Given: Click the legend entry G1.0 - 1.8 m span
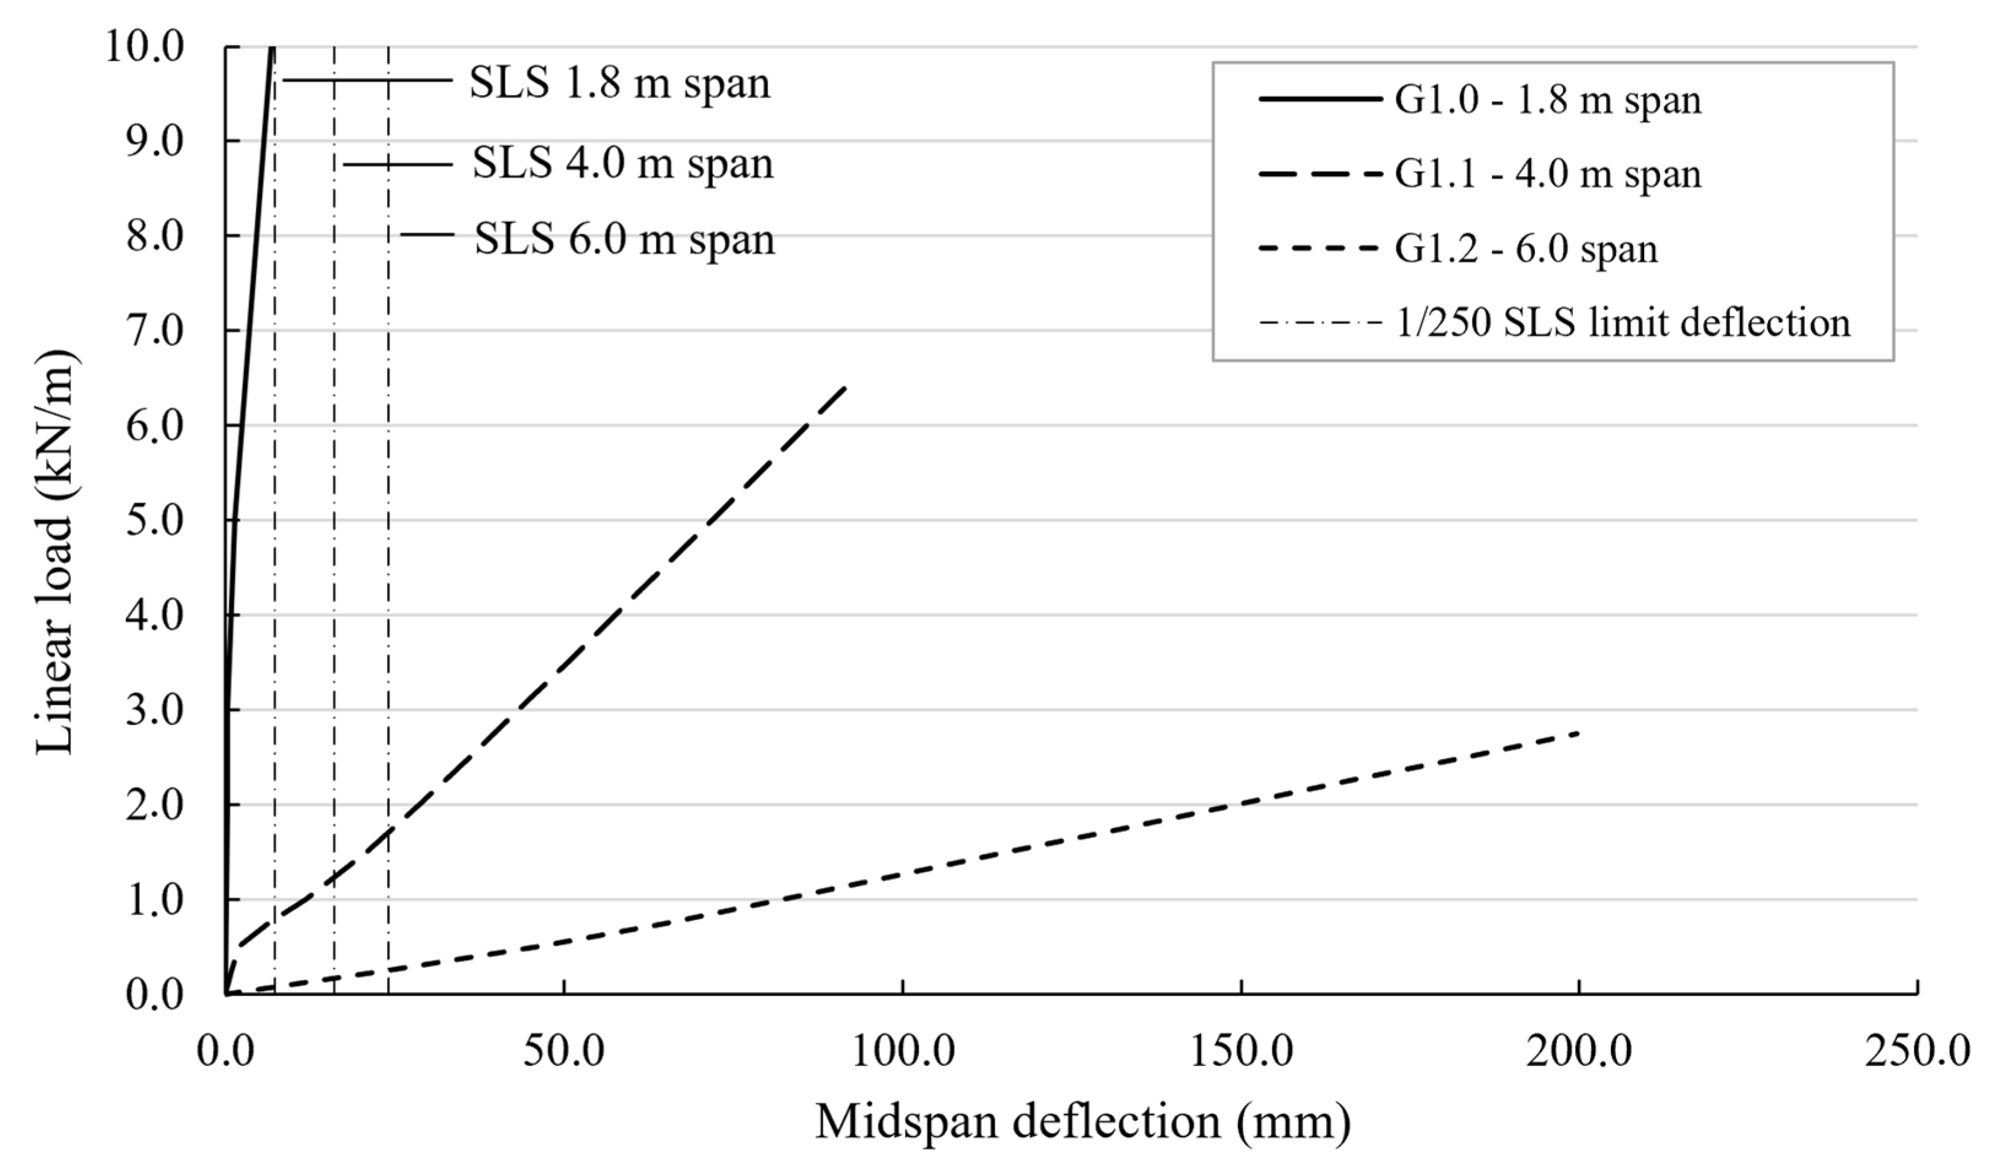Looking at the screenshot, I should coord(1547,101).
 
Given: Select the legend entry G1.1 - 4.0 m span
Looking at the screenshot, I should coord(1547,174).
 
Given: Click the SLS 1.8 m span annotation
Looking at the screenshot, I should coord(619,83).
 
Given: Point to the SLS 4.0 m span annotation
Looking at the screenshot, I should coord(622,164).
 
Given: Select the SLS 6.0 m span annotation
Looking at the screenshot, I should coord(624,239).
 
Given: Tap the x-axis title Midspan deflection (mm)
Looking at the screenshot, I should coord(1082,1122).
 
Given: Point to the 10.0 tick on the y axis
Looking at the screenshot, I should coord(155,47).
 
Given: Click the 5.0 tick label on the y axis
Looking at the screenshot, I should coord(155,521).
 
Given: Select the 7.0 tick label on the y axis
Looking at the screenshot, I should coord(155,331).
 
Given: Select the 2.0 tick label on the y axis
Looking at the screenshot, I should coord(155,805).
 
